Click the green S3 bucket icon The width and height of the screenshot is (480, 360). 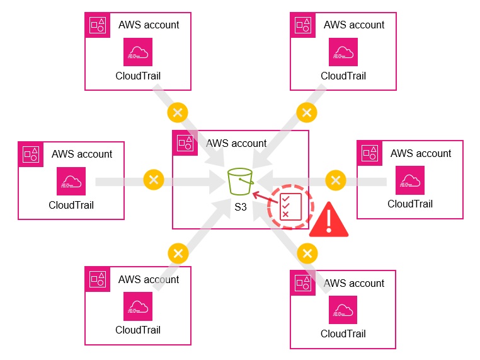coord(241,182)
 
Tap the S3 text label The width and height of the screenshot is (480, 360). coord(241,206)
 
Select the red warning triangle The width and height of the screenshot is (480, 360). coord(329,221)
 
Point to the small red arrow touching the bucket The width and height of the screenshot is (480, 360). coord(261,197)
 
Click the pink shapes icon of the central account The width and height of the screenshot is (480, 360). coord(185,143)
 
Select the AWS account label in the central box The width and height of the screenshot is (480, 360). coord(236,143)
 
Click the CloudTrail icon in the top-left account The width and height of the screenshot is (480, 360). coord(138,52)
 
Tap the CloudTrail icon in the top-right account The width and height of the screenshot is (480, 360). coord(343,52)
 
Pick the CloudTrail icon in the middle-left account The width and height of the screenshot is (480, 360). coord(71,181)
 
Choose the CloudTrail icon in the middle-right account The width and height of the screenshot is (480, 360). coord(410,180)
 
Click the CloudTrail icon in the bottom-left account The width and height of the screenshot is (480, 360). coord(138,306)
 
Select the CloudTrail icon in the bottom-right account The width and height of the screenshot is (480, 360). coord(343,310)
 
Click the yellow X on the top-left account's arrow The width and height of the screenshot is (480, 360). coord(177,113)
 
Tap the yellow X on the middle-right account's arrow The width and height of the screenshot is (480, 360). coord(335,180)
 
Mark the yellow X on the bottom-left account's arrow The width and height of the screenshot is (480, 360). coord(178,253)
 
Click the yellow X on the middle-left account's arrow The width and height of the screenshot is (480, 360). coord(154,180)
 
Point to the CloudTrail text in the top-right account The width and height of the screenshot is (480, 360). coord(343,76)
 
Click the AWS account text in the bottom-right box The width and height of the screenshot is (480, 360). coord(354,284)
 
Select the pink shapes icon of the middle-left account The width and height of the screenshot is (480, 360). coord(30,154)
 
